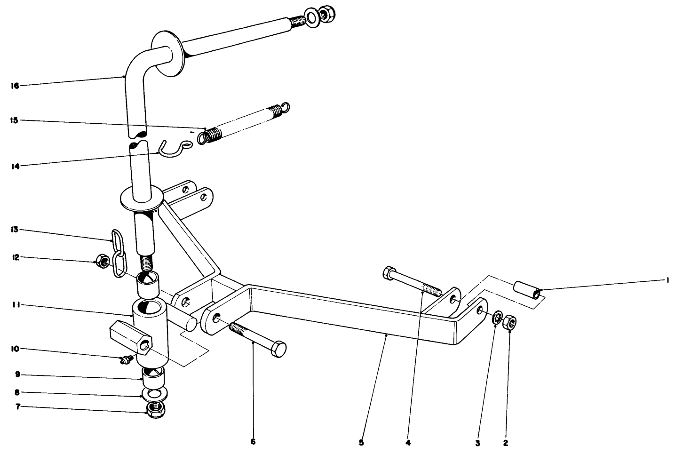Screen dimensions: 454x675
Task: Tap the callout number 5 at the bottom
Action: pyautogui.click(x=361, y=442)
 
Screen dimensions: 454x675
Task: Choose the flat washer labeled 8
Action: pyautogui.click(x=154, y=393)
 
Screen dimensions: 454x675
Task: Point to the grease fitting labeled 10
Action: pyautogui.click(x=125, y=361)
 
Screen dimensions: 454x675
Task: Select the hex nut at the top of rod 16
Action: pyautogui.click(x=326, y=15)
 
